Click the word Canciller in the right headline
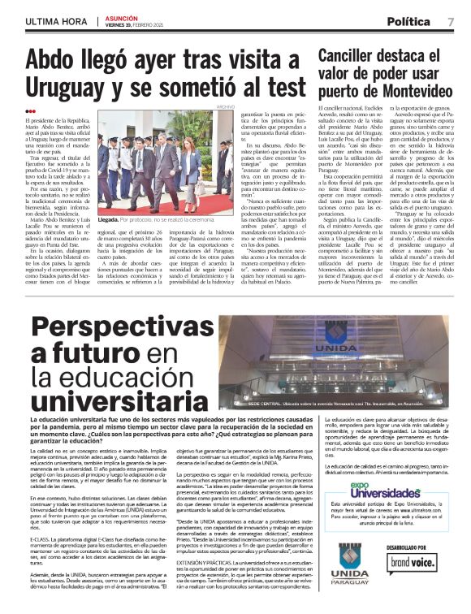[353, 55]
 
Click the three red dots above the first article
[31, 111]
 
